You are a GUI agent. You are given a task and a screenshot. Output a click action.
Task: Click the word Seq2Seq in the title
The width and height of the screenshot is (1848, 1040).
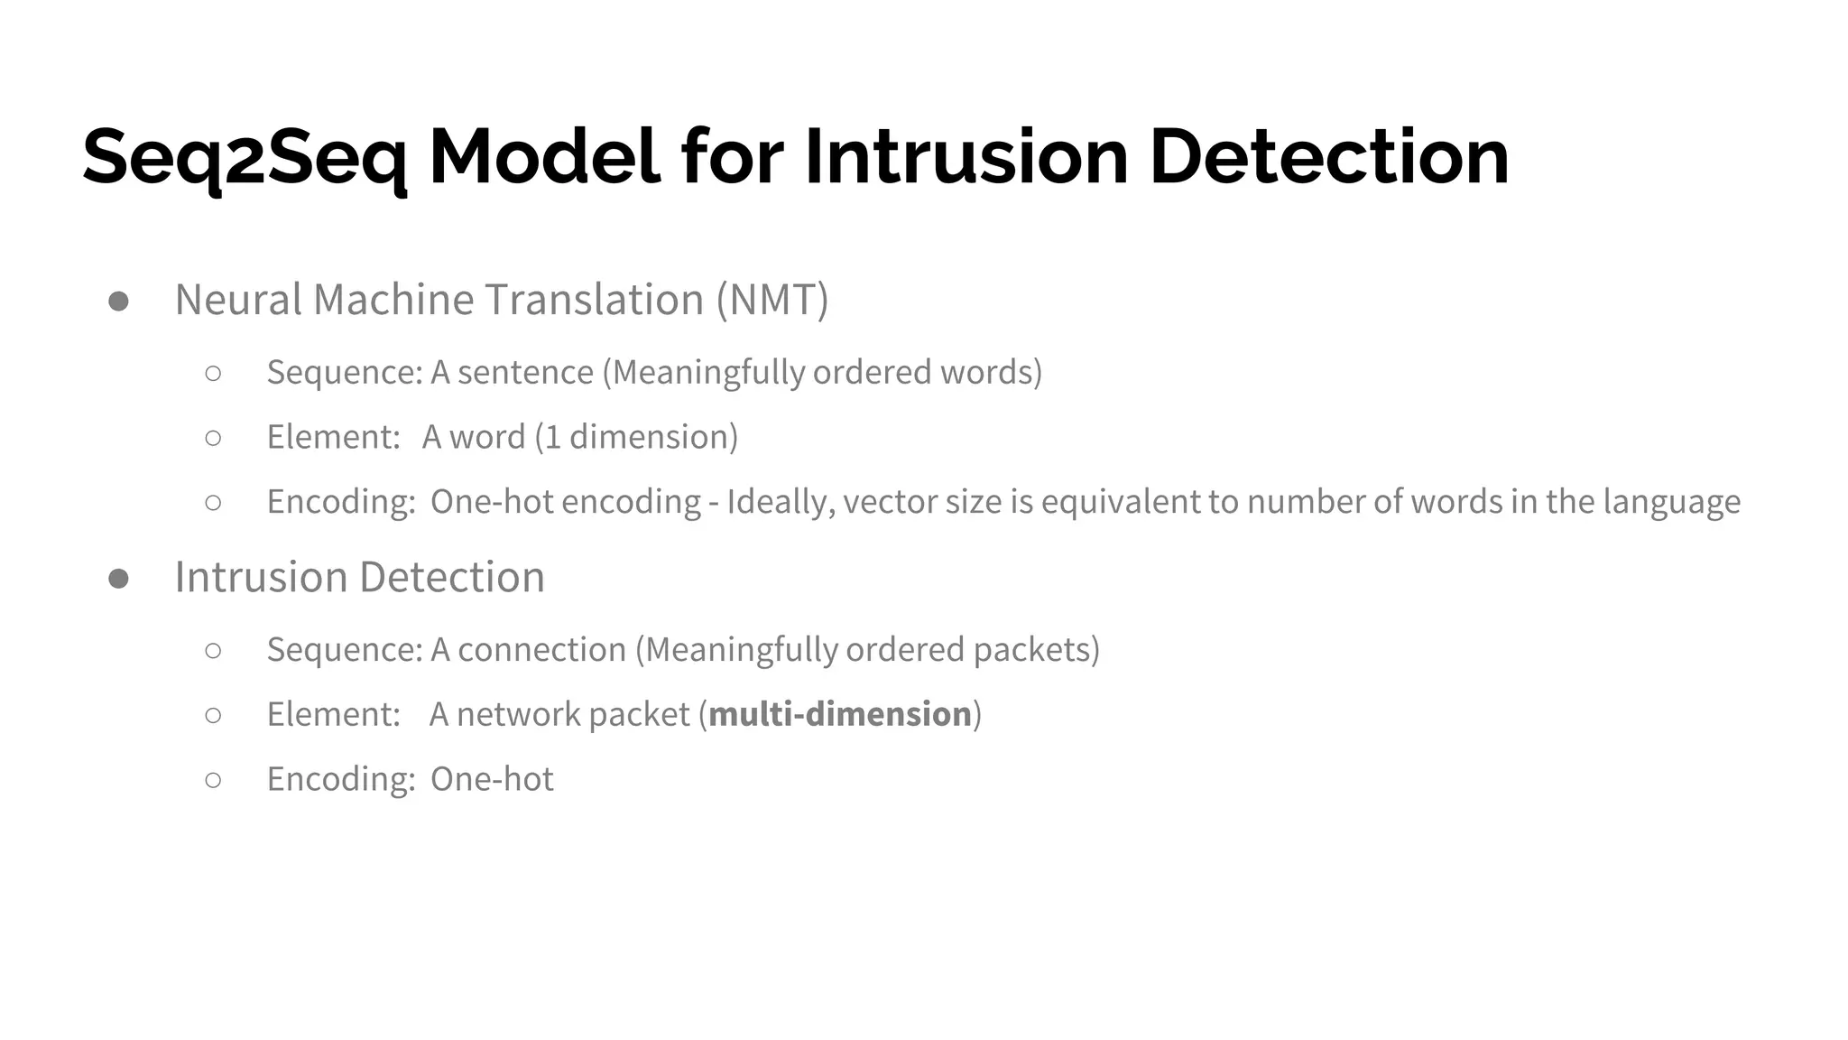[x=245, y=158]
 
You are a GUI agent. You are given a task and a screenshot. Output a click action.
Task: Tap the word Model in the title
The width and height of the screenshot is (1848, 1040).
[x=544, y=158]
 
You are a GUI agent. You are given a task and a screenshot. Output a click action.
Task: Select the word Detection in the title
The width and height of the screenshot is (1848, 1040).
[x=1328, y=158]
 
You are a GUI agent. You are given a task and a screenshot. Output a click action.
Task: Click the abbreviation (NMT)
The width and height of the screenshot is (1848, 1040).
[x=772, y=300]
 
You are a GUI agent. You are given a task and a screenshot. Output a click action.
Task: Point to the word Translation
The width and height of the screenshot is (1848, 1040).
[x=595, y=300]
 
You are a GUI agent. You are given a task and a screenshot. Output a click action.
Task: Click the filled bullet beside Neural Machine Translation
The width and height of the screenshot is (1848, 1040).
[x=118, y=302]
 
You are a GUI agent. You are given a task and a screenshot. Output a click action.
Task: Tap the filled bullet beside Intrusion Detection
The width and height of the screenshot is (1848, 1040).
[x=118, y=579]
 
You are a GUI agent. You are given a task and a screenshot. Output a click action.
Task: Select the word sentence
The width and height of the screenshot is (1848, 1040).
[x=525, y=372]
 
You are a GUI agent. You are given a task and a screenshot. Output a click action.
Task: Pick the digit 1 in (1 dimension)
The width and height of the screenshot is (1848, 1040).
[x=553, y=437]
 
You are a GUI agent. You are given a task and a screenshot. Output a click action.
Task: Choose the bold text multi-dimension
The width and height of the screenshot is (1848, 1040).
[x=840, y=714]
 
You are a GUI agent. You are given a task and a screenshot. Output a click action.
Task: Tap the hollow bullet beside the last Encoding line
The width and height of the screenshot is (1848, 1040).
[x=213, y=780]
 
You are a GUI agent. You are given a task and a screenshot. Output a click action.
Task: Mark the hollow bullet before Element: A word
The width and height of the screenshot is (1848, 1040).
[x=213, y=438]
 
